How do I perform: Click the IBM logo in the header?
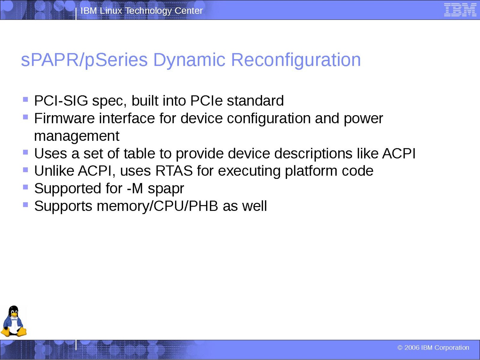tap(460, 10)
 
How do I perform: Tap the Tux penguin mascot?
tap(13, 321)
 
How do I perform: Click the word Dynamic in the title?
tap(189, 60)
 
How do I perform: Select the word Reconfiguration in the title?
tap(296, 60)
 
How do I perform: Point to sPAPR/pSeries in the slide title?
tap(84, 60)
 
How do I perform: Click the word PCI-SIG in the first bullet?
tap(61, 101)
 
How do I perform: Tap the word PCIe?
tap(206, 101)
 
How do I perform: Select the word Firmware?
tap(64, 118)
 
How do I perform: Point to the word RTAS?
tap(174, 171)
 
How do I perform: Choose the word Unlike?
tap(54, 171)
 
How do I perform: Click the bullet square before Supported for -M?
tap(25, 187)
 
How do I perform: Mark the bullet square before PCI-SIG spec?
tap(25, 100)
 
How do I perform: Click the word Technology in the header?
tap(148, 11)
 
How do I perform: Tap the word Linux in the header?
tap(111, 11)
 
